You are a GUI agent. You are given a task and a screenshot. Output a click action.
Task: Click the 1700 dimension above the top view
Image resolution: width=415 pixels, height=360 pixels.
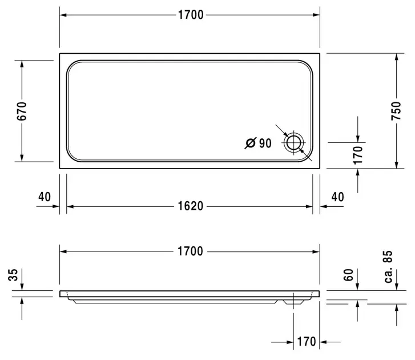[191, 15]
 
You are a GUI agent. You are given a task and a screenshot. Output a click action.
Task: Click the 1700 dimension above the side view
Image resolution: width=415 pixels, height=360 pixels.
[190, 251]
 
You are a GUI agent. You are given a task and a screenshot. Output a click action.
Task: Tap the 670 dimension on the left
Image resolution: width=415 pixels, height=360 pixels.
[22, 111]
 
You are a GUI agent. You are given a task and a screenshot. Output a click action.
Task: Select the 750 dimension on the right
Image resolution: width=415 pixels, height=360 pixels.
[396, 111]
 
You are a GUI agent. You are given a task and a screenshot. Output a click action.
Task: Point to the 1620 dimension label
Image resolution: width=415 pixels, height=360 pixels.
[191, 206]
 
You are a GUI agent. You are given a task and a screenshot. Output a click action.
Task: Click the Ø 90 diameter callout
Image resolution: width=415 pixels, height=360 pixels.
[258, 143]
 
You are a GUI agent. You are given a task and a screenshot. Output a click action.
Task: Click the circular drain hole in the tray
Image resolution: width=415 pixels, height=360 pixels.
[294, 142]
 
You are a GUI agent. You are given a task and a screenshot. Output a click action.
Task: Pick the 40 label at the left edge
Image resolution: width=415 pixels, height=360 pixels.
[45, 197]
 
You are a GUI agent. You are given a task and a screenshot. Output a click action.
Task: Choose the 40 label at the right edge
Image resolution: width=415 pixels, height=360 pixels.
[338, 197]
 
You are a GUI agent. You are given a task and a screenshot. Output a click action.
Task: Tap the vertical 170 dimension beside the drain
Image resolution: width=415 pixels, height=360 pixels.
[358, 155]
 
